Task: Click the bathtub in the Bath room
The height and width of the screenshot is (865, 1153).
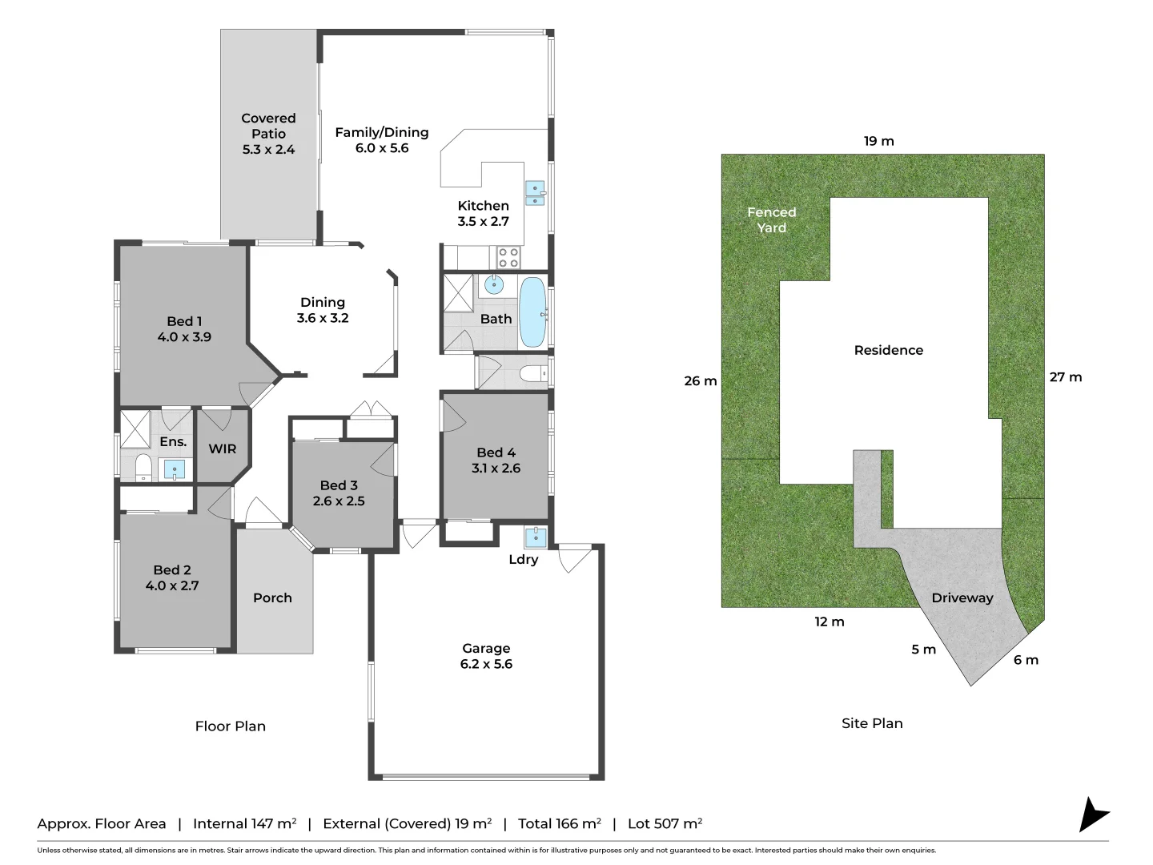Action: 532,312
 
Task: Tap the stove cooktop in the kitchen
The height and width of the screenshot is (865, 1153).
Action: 508,257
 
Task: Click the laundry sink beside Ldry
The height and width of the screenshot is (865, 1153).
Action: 535,536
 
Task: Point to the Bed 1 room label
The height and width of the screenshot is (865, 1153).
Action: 184,321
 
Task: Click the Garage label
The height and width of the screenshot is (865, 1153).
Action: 486,648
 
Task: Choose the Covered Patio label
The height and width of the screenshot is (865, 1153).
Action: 268,126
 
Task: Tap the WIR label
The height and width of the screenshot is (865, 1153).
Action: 223,449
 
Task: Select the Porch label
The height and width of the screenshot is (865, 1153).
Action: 272,597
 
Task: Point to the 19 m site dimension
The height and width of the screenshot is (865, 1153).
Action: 878,141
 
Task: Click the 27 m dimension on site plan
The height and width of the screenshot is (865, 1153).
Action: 1065,377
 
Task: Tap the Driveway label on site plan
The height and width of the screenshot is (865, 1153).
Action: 962,597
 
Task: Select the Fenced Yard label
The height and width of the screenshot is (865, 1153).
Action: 771,219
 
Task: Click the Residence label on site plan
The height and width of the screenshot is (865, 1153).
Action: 888,350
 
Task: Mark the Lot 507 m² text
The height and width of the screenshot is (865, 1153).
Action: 665,823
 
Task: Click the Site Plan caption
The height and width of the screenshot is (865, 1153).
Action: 872,723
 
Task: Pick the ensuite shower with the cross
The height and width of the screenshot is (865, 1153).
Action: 135,428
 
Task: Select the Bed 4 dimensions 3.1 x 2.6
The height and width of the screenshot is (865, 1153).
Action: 496,469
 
